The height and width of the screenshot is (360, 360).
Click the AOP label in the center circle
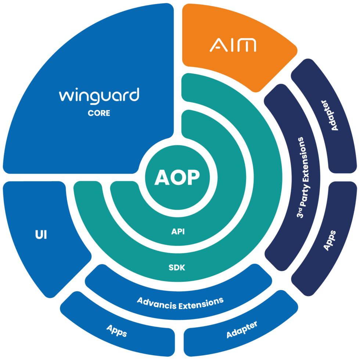(x=177, y=177)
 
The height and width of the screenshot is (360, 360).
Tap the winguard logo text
(x=99, y=95)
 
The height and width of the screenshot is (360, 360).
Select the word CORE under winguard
(x=99, y=113)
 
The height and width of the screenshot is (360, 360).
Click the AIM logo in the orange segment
(x=233, y=45)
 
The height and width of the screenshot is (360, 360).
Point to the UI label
(x=41, y=235)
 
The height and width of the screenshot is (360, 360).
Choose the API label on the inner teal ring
(x=178, y=232)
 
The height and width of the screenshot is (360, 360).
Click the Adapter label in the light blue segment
(x=242, y=329)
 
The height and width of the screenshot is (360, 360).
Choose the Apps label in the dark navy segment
(x=329, y=241)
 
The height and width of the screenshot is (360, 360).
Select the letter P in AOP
(x=193, y=177)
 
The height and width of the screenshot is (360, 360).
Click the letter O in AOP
(x=177, y=177)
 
